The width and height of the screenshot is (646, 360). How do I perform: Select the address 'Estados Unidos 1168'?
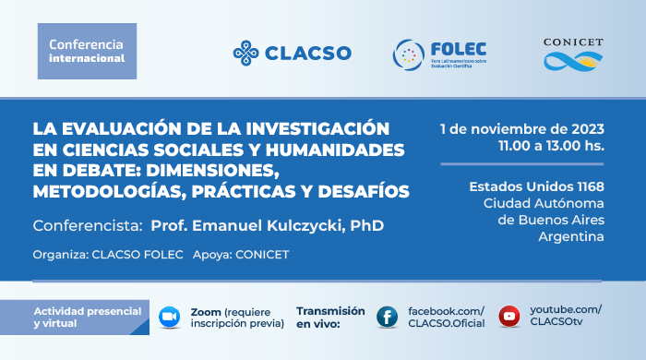[x=536, y=186]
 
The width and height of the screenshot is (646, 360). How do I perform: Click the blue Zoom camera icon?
[x=169, y=315]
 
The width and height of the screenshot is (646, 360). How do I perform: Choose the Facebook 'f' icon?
[x=388, y=316]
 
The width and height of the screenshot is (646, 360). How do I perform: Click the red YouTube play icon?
[x=508, y=316]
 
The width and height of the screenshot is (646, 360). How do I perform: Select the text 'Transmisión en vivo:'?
[x=330, y=317]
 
